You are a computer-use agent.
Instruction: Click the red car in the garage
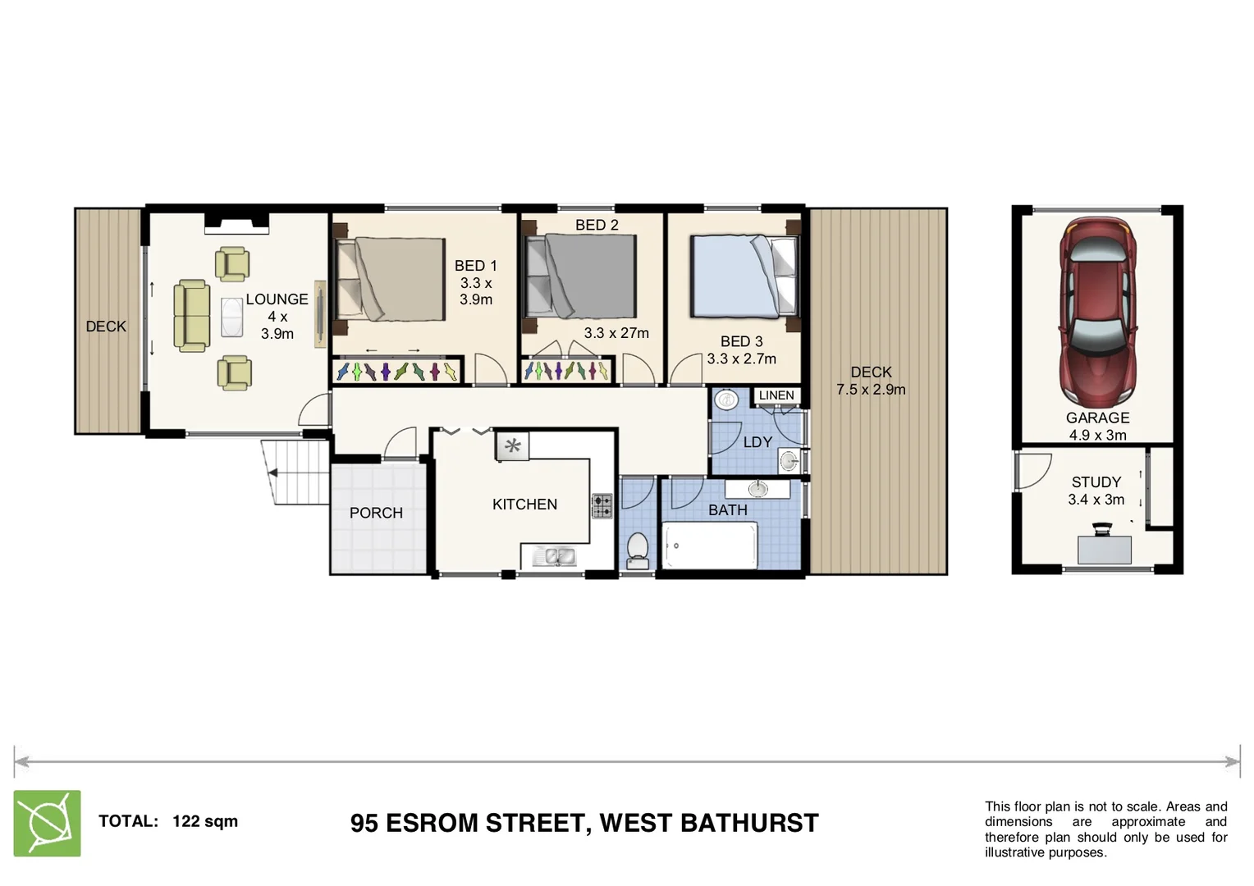1097,313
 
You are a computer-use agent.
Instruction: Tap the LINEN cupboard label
776,395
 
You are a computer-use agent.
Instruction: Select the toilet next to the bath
637,549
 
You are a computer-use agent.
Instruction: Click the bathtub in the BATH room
710,545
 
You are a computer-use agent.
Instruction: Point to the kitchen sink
555,556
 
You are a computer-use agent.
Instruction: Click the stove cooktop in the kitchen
602,505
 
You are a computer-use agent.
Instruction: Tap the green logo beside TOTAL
48,823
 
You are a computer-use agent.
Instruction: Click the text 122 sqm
205,821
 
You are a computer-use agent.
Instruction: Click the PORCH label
376,513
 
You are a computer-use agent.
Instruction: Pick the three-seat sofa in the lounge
191,316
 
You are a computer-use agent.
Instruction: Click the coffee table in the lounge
231,316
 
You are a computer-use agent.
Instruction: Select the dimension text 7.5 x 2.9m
871,390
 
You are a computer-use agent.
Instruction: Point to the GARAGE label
1097,418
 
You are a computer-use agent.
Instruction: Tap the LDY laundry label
757,442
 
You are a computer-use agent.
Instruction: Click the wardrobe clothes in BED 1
397,372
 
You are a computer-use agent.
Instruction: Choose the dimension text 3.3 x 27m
616,333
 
